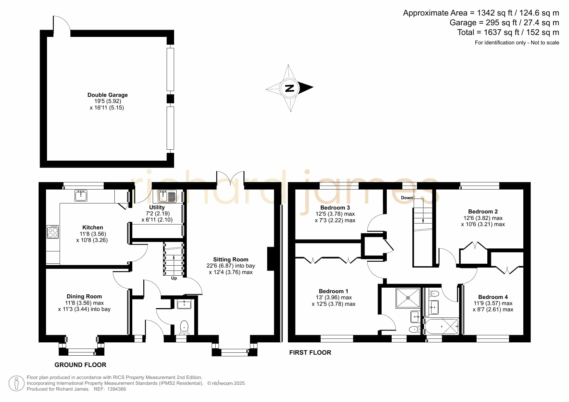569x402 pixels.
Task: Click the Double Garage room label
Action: coord(108,95)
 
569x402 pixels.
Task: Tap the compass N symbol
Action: coord(290,88)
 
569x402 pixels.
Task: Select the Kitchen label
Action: coord(93,227)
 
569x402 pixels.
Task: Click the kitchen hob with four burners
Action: coord(53,232)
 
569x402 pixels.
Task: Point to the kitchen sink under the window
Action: coord(81,195)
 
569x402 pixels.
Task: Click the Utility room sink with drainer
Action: coord(167,196)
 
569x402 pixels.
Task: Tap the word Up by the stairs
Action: coord(174,278)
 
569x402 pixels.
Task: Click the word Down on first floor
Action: coord(407,198)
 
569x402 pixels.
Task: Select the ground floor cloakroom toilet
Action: coord(184,327)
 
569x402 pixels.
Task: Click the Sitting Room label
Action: coord(231,259)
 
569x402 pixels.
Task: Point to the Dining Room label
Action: coord(84,296)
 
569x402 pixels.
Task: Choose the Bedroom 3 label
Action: coord(335,208)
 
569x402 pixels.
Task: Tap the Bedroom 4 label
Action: coord(493,297)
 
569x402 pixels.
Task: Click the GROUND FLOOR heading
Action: coord(80,365)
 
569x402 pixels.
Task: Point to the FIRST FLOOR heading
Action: coord(310,352)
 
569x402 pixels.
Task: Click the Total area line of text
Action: coord(508,32)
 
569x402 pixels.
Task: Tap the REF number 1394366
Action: coord(114,389)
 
